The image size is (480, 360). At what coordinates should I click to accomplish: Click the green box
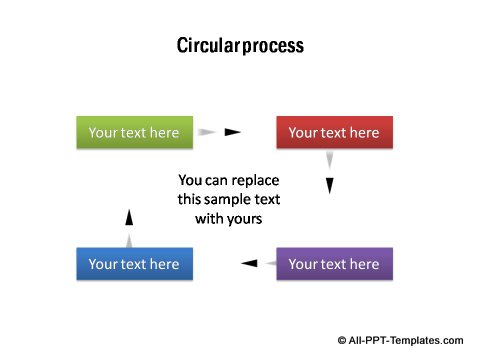(134, 132)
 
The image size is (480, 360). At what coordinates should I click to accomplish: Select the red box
(334, 132)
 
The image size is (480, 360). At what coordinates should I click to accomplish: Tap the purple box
(334, 264)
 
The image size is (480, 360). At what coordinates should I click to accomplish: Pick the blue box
(134, 264)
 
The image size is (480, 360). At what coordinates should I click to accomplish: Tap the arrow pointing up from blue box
(127, 226)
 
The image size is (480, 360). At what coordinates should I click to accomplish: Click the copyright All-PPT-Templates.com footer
(405, 340)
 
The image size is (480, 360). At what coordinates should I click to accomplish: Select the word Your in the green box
(103, 132)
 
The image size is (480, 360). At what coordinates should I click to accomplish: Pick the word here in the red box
(361, 132)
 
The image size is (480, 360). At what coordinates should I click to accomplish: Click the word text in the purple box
(333, 264)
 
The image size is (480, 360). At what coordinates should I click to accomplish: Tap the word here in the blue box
(161, 264)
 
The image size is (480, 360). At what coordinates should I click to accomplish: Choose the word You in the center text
(190, 181)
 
